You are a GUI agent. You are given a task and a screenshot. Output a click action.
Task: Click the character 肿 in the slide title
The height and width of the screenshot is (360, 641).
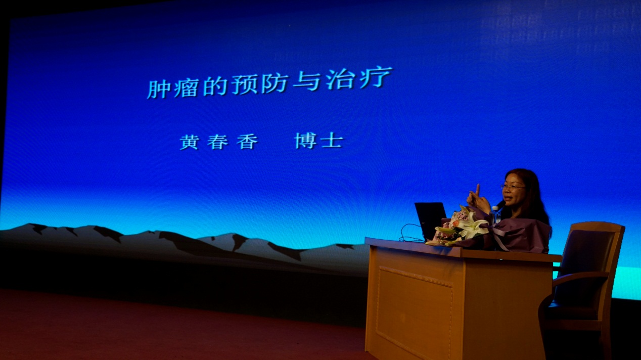point(158,88)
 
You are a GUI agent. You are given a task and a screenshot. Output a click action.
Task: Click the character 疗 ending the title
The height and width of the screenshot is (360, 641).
point(376,77)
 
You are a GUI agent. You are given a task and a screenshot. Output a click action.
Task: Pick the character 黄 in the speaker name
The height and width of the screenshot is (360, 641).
point(190,142)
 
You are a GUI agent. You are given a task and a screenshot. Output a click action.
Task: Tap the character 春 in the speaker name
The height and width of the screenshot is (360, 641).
point(217,142)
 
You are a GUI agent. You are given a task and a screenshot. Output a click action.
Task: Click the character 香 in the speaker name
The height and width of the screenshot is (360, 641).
point(247,142)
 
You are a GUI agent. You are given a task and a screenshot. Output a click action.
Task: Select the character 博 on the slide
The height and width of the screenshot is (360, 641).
point(305,141)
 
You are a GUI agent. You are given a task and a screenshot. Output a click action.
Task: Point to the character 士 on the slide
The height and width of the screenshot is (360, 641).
point(332,141)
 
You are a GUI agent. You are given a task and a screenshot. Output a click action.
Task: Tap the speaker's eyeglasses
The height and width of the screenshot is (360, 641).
point(512,188)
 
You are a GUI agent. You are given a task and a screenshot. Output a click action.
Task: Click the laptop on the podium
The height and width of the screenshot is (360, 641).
point(431,220)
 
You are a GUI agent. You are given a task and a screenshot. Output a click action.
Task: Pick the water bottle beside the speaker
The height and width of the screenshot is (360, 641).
point(495,214)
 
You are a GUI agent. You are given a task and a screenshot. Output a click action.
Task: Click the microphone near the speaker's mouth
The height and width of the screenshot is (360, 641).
point(501,204)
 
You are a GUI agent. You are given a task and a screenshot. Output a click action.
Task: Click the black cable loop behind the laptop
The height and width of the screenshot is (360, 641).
point(408,233)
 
